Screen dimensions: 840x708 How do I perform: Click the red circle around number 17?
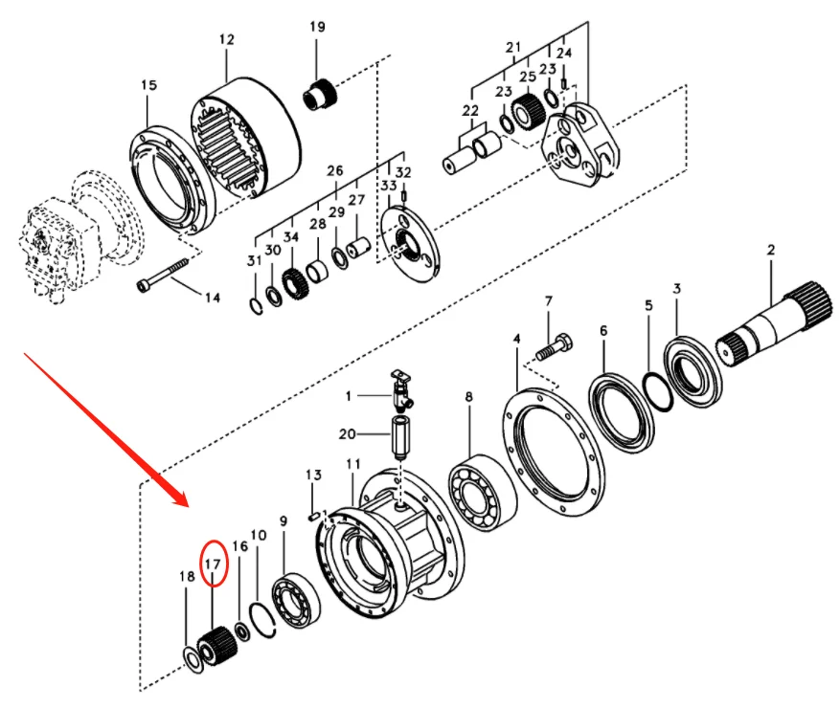tap(213, 564)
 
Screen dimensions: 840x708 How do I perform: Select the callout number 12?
tap(226, 40)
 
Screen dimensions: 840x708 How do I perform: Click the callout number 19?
tap(317, 27)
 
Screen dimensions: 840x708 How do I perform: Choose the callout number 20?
tap(348, 433)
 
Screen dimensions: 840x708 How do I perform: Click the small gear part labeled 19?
tap(318, 97)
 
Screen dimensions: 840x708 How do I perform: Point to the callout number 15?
tap(148, 86)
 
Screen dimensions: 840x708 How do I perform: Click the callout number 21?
tap(513, 47)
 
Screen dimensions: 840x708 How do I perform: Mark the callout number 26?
tap(334, 171)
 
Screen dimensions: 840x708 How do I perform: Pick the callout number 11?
tap(353, 464)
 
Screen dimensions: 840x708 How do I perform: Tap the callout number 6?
tap(603, 330)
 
